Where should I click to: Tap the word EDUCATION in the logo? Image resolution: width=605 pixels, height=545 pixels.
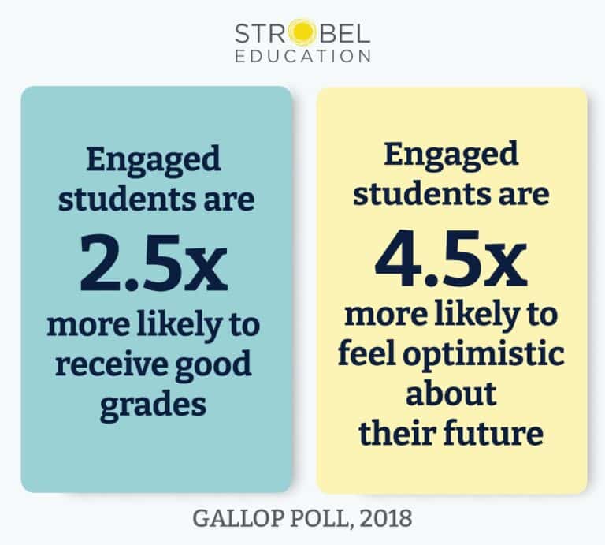click(x=302, y=57)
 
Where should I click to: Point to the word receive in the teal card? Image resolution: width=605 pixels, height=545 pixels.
click(x=102, y=366)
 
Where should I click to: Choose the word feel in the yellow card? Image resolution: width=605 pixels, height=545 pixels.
click(x=369, y=354)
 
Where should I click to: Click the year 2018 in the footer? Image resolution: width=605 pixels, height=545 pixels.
click(x=386, y=519)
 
